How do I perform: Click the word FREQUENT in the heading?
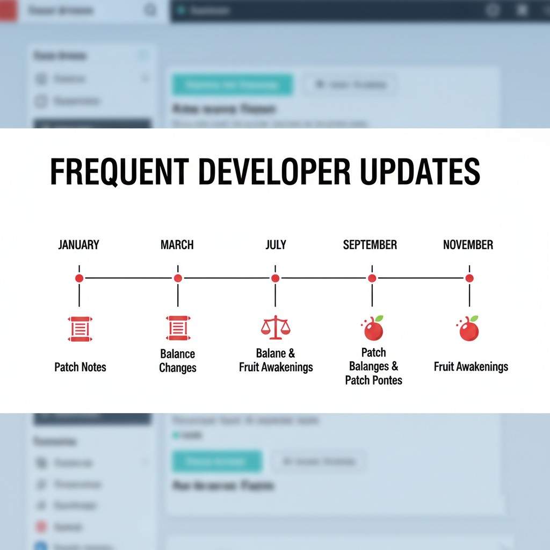point(119,172)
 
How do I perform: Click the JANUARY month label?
point(78,245)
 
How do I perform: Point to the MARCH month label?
point(177,245)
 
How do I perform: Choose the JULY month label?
point(276,245)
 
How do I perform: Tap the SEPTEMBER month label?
point(370,245)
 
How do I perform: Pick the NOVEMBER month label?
point(468,245)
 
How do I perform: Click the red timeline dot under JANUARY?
point(79,278)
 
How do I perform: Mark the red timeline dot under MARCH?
point(178,278)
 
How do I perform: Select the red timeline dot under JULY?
point(275,278)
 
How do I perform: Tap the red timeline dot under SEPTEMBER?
point(372,278)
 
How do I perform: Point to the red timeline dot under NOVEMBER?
point(469,278)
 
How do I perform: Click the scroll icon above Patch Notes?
point(79,329)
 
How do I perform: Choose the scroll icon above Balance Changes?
point(178,328)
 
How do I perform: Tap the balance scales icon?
point(275,328)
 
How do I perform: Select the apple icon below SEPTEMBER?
point(373,328)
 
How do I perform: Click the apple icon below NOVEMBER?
point(468,328)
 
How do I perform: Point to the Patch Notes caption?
point(81,367)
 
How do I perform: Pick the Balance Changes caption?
point(178,361)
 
